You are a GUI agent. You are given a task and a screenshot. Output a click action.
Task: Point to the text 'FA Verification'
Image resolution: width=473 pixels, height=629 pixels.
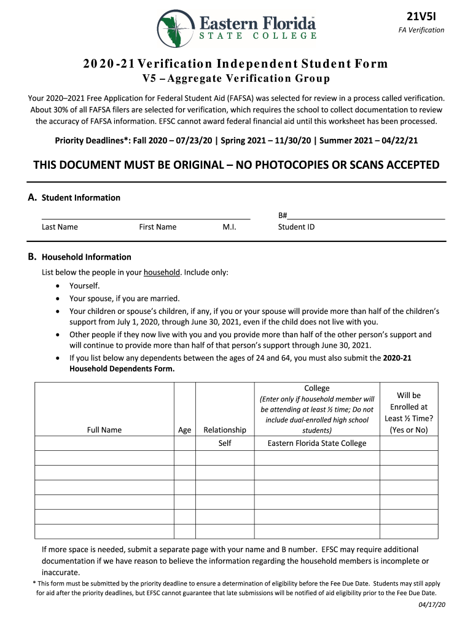pyautogui.click(x=421, y=30)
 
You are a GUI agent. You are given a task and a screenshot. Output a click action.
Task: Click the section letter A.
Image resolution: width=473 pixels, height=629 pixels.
pyautogui.click(x=32, y=197)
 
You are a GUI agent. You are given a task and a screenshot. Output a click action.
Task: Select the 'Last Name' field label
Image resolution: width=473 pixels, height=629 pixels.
pyautogui.click(x=60, y=227)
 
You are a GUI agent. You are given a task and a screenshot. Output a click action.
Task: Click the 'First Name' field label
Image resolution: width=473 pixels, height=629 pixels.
pyautogui.click(x=157, y=227)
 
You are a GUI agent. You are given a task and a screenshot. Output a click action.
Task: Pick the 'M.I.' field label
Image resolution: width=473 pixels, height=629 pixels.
pyautogui.click(x=229, y=227)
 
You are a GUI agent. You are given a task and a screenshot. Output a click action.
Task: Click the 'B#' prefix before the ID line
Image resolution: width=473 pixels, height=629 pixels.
pyautogui.click(x=283, y=216)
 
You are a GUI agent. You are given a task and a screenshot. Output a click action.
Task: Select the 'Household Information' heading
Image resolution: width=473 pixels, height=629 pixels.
pyautogui.click(x=86, y=257)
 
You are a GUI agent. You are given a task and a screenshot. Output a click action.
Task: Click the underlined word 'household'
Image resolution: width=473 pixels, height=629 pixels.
pyautogui.click(x=162, y=272)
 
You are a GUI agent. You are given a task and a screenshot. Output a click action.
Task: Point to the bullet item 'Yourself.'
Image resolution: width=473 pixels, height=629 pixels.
pyautogui.click(x=84, y=286)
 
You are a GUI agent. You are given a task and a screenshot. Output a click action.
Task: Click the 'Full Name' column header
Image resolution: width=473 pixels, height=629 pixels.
pyautogui.click(x=104, y=430)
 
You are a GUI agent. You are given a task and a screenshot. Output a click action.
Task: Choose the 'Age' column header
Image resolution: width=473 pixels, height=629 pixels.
pyautogui.click(x=184, y=430)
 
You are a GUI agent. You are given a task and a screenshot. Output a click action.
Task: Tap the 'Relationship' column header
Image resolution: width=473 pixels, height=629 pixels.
pyautogui.click(x=225, y=430)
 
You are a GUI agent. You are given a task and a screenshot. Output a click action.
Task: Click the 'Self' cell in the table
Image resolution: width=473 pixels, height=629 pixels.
pyautogui.click(x=225, y=443)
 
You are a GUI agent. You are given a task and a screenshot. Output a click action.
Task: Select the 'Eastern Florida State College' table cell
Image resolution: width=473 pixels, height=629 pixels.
pyautogui.click(x=316, y=443)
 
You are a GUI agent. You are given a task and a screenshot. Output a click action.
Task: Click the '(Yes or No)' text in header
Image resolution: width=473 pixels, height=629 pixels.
pyautogui.click(x=408, y=430)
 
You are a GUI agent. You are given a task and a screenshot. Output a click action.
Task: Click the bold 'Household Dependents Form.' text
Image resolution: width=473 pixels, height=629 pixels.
pyautogui.click(x=122, y=369)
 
